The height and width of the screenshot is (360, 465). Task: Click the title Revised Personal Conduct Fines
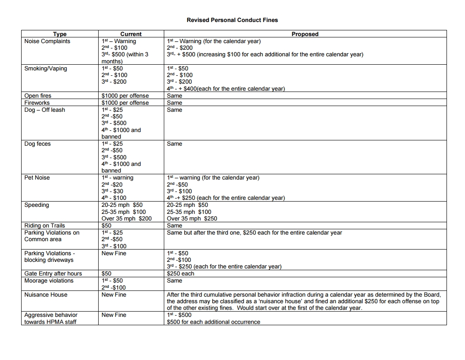[232, 20]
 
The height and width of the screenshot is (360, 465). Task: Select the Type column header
[59, 34]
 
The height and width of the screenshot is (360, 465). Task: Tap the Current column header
[131, 34]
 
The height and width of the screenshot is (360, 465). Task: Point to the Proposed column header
[305, 34]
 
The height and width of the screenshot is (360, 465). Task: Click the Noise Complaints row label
[47, 41]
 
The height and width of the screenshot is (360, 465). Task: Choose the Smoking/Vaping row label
[46, 69]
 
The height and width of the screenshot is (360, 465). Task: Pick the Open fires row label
[38, 96]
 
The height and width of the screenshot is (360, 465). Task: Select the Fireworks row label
[37, 103]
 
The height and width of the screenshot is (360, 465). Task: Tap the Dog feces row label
[37, 144]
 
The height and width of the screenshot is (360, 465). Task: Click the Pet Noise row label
[37, 178]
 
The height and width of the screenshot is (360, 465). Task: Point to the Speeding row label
[36, 205]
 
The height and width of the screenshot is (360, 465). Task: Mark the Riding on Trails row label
[44, 226]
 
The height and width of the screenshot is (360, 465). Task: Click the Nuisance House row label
[46, 295]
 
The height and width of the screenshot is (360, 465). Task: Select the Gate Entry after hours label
[53, 274]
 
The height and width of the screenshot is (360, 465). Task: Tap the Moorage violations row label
[49, 281]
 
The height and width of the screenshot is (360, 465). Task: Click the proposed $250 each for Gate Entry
[181, 274]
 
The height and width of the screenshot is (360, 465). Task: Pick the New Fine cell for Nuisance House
[114, 295]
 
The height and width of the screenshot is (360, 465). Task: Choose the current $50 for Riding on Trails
[107, 226]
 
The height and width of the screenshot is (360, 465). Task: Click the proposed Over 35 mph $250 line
[192, 219]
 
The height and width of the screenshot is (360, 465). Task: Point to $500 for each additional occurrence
[214, 322]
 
